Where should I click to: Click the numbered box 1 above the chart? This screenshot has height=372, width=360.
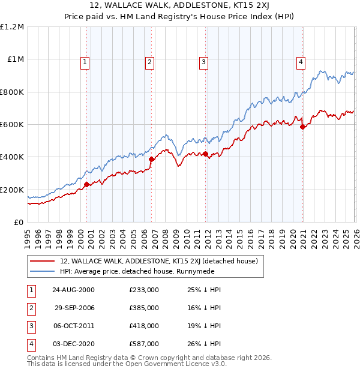pyautogui.click(x=85, y=61)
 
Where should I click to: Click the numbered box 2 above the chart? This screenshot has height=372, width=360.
pyautogui.click(x=149, y=61)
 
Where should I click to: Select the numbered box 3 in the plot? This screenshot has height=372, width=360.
pyautogui.click(x=203, y=61)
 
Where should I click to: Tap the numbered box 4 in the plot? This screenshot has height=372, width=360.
pyautogui.click(x=301, y=61)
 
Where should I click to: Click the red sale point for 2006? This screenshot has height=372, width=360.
pyautogui.click(x=152, y=160)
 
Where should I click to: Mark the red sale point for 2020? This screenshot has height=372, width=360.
pyautogui.click(x=302, y=127)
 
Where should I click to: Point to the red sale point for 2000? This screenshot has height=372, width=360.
pyautogui.click(x=87, y=184)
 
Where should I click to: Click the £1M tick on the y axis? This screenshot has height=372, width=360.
pyautogui.click(x=16, y=59)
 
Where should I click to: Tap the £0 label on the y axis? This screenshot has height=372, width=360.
pyautogui.click(x=18, y=223)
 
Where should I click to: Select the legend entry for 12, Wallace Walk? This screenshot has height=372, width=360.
pyautogui.click(x=158, y=261)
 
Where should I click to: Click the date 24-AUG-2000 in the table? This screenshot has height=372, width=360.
pyautogui.click(x=73, y=290)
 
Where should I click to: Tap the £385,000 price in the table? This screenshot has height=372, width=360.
pyautogui.click(x=143, y=308)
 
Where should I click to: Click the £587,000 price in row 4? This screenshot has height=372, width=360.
pyautogui.click(x=143, y=344)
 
